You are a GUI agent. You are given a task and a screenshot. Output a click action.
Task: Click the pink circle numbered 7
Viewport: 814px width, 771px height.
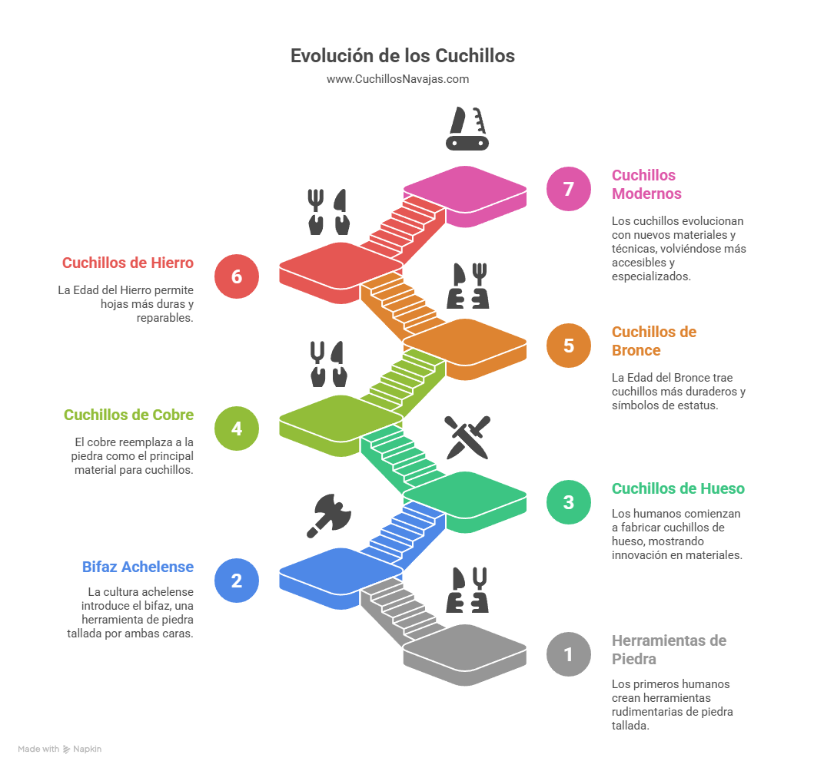tap(569, 189)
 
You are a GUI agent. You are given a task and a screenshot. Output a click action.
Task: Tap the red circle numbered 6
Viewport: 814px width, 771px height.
tap(237, 276)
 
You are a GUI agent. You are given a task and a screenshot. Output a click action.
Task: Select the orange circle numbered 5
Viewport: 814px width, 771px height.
tap(569, 345)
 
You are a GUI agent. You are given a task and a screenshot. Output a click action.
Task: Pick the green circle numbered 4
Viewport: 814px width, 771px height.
tap(237, 428)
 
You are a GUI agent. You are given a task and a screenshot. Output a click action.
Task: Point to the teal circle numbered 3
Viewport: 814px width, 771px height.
tap(569, 502)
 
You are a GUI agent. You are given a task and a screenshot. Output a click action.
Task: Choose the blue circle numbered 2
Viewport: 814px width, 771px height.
tap(237, 580)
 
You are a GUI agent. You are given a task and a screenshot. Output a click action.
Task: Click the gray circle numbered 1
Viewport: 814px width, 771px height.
tap(569, 654)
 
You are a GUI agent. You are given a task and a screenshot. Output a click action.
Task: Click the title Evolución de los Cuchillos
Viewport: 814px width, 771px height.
tap(402, 56)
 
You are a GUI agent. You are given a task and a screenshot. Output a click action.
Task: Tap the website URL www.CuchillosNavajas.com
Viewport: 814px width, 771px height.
tap(397, 79)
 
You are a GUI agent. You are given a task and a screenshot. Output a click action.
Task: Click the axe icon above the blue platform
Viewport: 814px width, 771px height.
tap(329, 515)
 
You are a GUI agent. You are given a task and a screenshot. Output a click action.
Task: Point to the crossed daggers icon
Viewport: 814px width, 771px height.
tap(467, 437)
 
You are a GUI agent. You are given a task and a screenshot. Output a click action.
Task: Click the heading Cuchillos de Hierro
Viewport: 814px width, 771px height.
tap(128, 263)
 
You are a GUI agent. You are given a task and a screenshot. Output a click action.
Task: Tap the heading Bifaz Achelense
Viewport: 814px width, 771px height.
tap(138, 567)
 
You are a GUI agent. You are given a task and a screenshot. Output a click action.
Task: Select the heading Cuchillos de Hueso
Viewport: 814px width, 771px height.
tap(678, 488)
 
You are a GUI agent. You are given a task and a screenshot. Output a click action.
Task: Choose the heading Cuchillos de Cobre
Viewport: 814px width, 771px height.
tap(128, 415)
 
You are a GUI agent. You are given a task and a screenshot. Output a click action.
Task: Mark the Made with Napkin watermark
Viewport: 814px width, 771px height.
tap(59, 749)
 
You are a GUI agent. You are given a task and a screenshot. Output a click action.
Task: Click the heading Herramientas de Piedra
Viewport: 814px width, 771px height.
tap(669, 650)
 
